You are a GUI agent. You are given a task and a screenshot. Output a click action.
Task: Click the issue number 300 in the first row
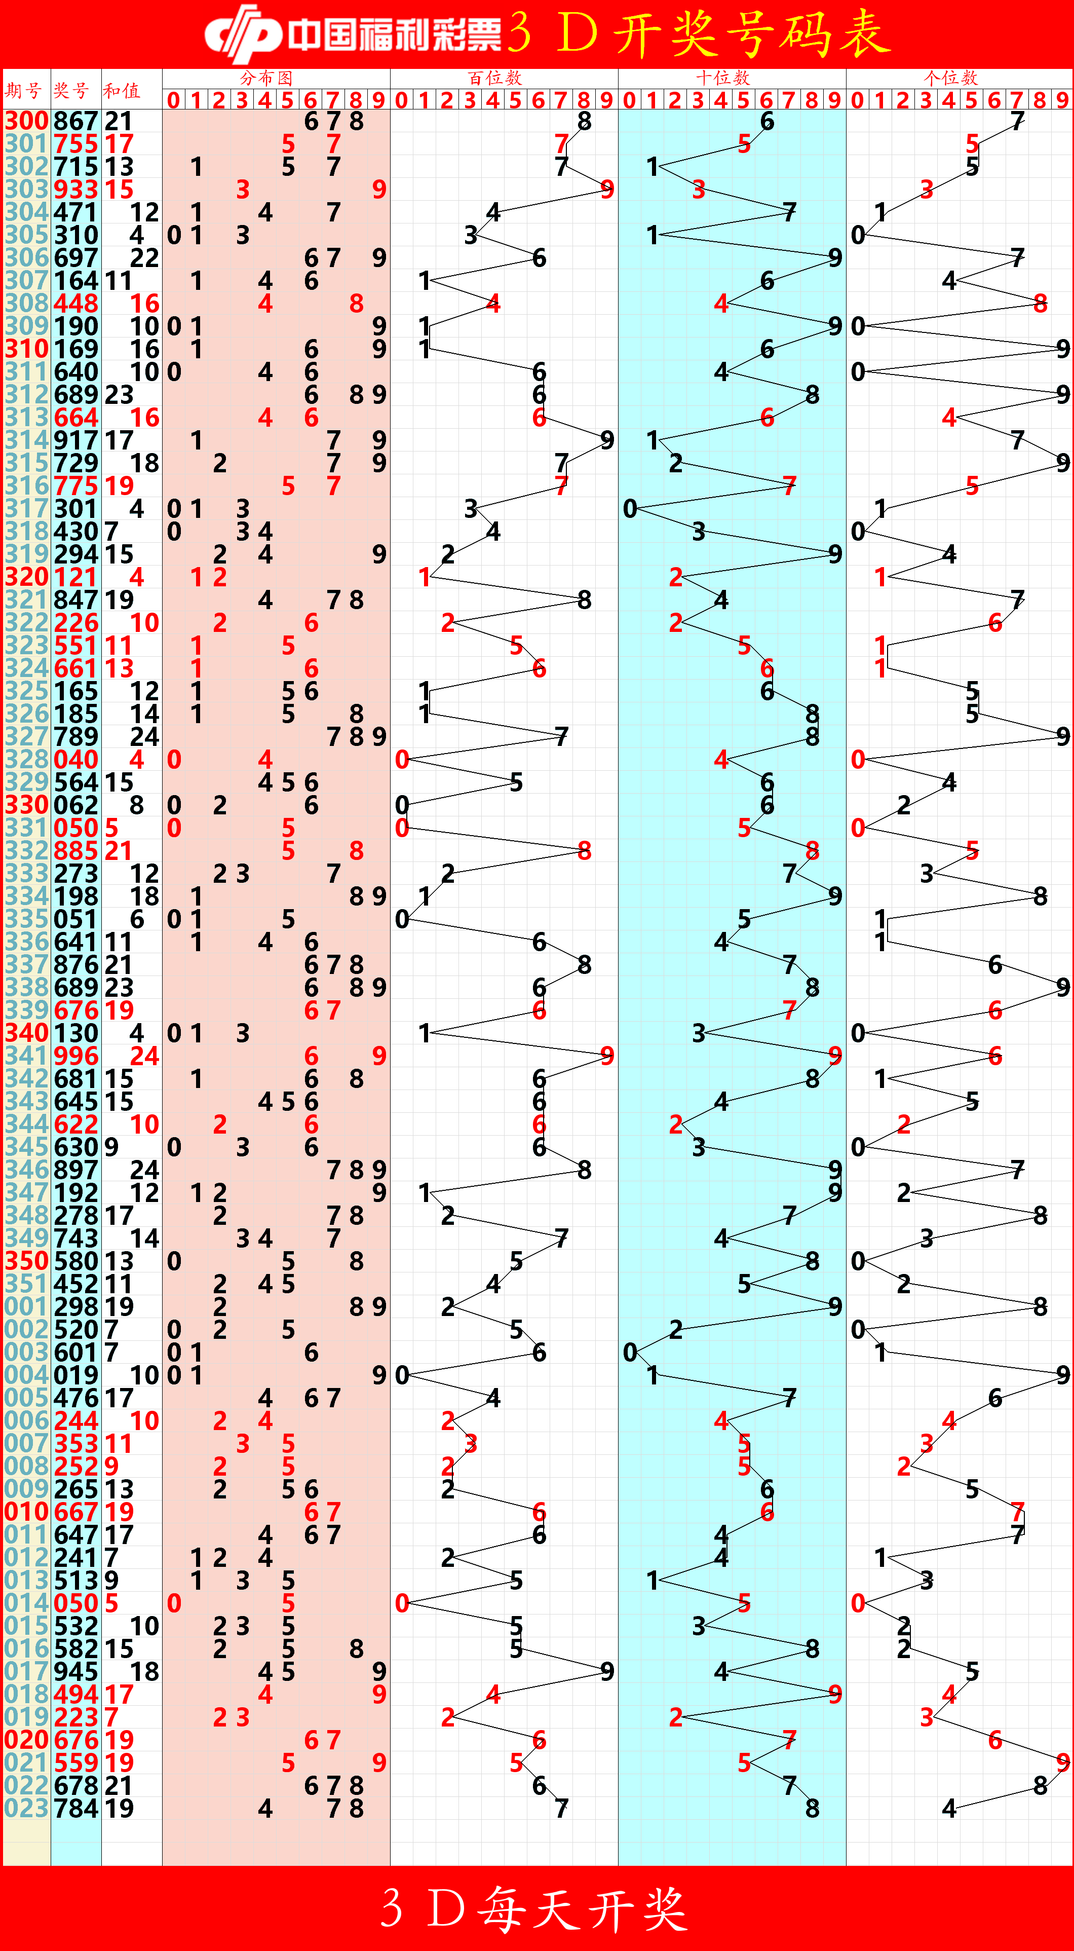click(26, 121)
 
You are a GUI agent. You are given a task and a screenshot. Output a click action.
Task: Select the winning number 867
click(76, 121)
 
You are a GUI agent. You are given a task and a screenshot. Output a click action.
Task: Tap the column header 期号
click(23, 91)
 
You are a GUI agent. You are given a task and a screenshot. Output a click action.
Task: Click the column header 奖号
click(71, 91)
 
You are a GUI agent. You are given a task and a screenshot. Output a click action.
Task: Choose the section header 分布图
click(266, 78)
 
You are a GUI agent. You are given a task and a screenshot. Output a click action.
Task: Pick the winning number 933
click(76, 190)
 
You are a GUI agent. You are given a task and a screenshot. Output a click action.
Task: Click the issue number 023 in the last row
click(26, 1808)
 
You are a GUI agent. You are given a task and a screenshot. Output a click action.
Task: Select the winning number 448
click(76, 303)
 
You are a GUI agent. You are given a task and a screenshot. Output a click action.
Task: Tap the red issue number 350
click(26, 1261)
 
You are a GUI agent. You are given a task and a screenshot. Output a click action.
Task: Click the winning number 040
click(76, 759)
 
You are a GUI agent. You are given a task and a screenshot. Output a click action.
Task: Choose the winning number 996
click(76, 1056)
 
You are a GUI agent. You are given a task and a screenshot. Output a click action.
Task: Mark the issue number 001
click(26, 1306)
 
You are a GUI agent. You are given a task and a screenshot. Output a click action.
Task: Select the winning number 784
click(76, 1808)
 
